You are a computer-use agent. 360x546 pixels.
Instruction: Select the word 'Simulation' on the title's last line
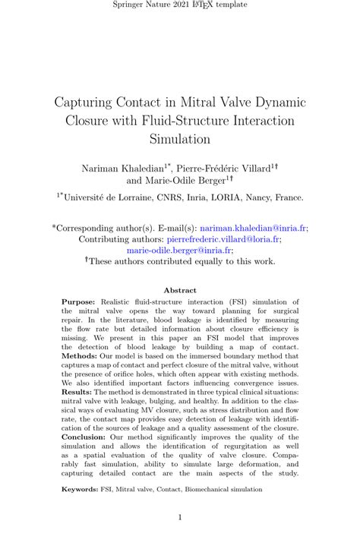[179, 139]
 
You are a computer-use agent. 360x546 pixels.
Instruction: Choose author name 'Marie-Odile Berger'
[187, 181]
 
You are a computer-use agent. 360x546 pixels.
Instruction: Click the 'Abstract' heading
[180, 290]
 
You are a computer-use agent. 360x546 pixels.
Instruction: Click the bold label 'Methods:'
[78, 355]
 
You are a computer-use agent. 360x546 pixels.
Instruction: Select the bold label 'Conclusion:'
[84, 437]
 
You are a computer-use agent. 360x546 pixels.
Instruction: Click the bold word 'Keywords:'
[81, 490]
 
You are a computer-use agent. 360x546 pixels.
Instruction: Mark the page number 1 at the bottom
[180, 518]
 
